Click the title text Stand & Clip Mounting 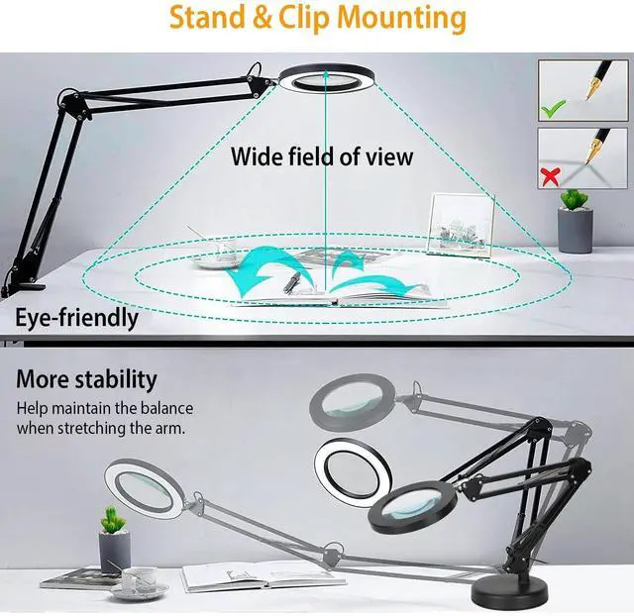click(x=316, y=18)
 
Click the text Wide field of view click(x=322, y=155)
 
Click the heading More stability click(x=86, y=379)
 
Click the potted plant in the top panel click(x=575, y=220)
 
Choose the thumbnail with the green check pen click(x=580, y=90)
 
